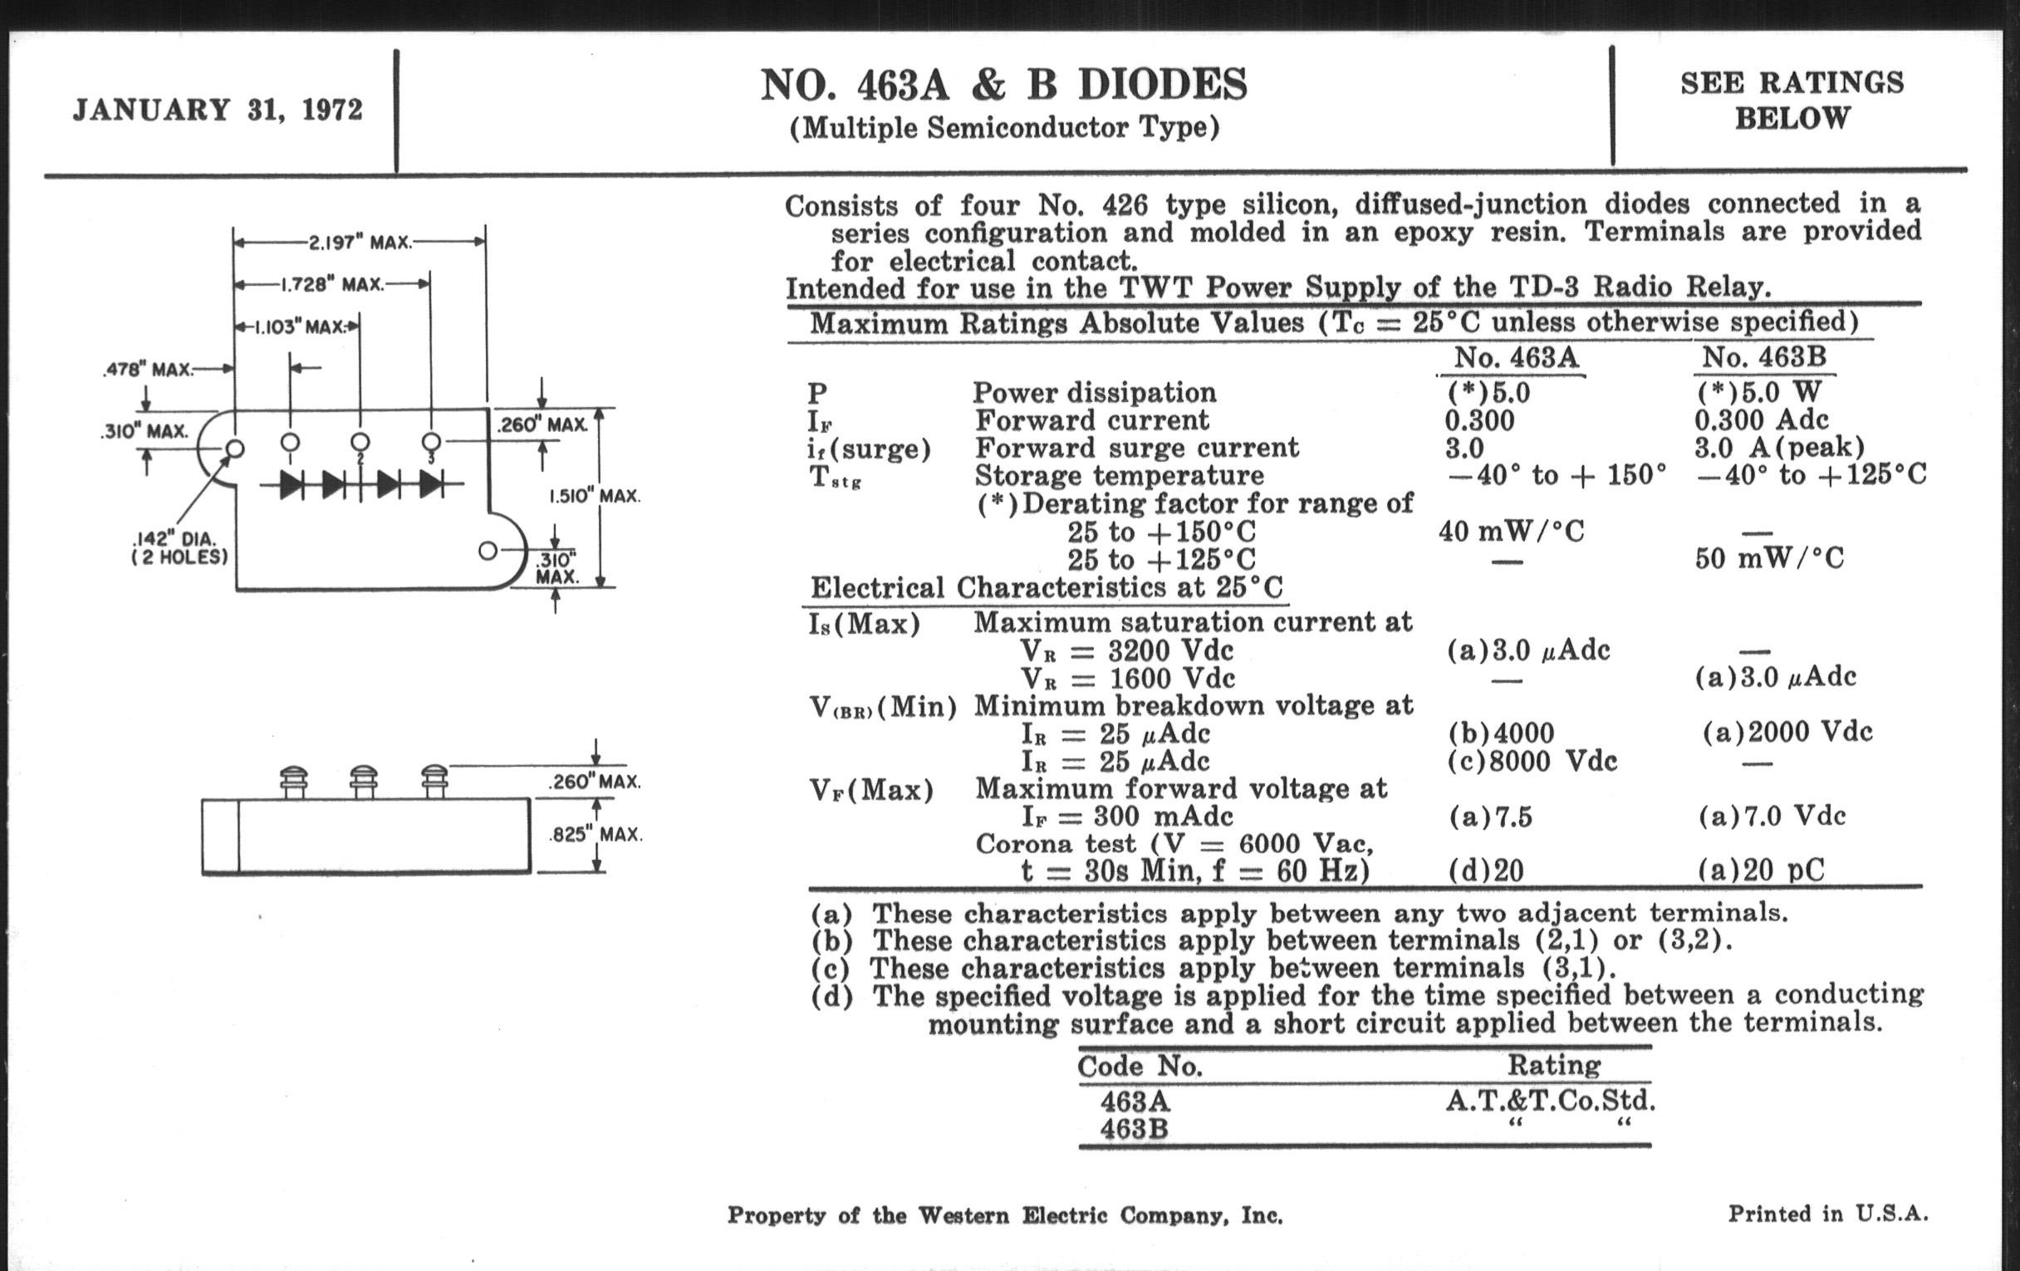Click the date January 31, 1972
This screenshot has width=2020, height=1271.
218,110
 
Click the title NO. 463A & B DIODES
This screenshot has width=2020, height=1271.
1003,85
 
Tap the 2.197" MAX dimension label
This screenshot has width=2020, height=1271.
360,243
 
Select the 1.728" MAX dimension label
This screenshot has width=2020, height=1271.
331,284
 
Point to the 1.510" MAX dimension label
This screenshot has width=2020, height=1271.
594,496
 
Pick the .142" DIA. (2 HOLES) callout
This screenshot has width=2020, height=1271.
179,547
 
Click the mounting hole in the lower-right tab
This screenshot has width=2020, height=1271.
488,552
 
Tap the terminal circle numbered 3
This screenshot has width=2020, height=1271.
431,441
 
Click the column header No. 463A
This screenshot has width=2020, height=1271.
1516,358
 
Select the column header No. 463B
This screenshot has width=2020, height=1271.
1763,358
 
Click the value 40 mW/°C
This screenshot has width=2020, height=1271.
1511,531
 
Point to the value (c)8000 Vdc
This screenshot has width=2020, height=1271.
1532,761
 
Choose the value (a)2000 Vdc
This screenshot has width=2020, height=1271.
1787,732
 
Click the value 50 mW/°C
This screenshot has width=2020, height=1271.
1768,558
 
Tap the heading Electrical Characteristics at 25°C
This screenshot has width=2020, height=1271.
1045,587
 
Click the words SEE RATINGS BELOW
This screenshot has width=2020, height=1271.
1792,100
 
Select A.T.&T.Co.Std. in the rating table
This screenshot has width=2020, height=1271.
1549,1100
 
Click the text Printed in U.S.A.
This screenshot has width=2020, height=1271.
1828,1213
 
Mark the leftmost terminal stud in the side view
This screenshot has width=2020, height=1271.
293,781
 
